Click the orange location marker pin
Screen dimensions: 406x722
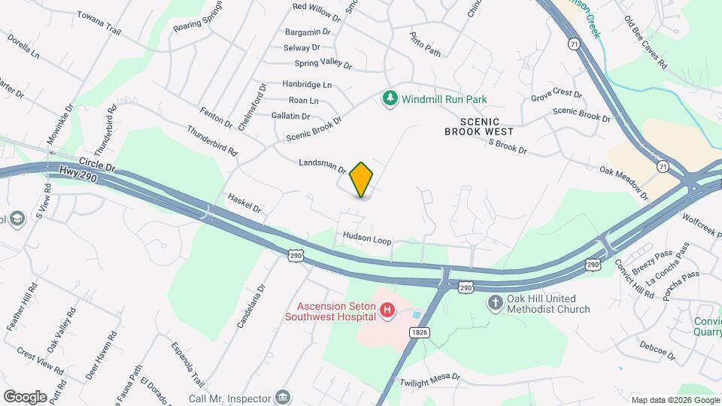361,179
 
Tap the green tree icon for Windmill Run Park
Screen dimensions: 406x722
390,98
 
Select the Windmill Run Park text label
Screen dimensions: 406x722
444,99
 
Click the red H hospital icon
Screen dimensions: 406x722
387,311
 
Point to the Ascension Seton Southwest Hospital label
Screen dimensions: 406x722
328,311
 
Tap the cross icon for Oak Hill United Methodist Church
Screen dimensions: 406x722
495,303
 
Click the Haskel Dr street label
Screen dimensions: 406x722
244,201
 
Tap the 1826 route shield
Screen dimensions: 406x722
420,331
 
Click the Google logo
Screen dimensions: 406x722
25,396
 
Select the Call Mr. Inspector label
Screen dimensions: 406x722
229,397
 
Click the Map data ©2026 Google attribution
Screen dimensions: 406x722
674,400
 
